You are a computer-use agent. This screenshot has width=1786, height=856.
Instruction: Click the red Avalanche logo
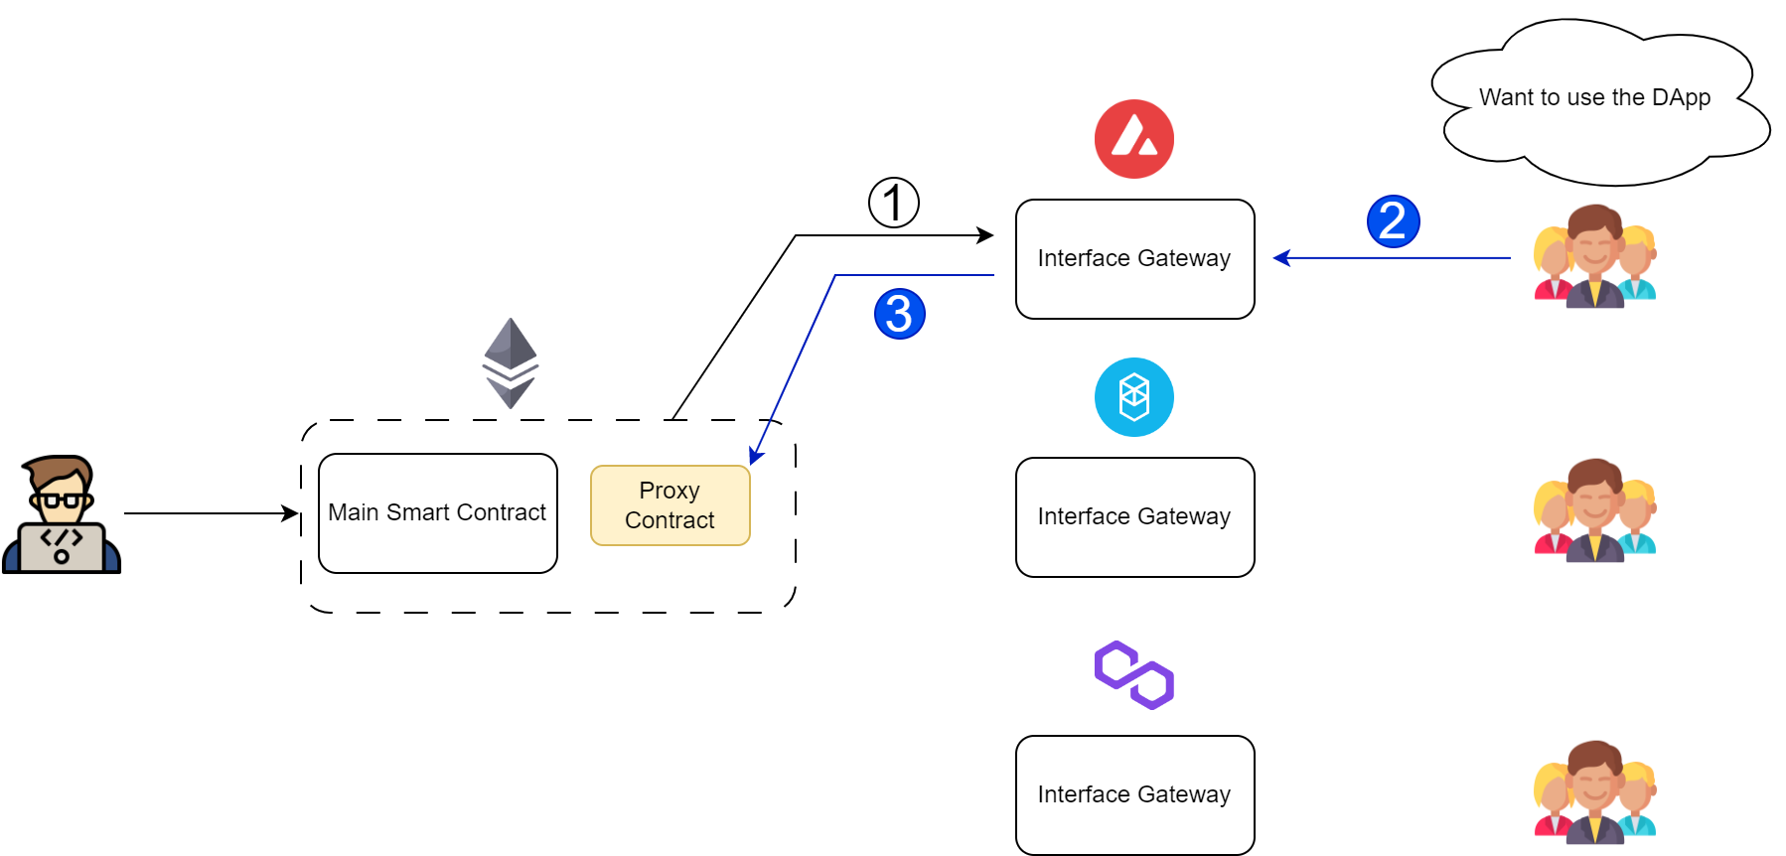1133,139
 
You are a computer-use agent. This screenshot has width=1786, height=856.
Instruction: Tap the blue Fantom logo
1133,397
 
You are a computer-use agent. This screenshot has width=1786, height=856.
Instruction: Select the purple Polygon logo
1133,675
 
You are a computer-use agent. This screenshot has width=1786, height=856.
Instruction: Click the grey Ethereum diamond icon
511,362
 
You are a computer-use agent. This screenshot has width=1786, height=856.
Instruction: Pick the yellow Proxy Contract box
670,505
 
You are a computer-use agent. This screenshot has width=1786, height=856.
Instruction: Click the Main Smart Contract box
437,512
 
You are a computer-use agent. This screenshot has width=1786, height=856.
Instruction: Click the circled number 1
893,203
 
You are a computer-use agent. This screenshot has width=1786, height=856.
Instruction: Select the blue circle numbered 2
1393,221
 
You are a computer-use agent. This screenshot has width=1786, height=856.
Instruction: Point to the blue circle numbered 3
899,314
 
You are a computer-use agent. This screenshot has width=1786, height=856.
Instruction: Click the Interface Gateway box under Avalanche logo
1134,259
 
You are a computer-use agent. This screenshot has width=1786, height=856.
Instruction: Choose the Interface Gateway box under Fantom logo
1134,517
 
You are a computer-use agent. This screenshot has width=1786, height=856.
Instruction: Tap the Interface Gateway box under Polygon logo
1134,794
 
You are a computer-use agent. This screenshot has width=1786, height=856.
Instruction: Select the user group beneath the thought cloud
1594,256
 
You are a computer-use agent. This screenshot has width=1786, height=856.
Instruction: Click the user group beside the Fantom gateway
1594,510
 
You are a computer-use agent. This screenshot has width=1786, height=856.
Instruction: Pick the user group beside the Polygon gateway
1594,792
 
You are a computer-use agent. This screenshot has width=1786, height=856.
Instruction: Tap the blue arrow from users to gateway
1391,258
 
